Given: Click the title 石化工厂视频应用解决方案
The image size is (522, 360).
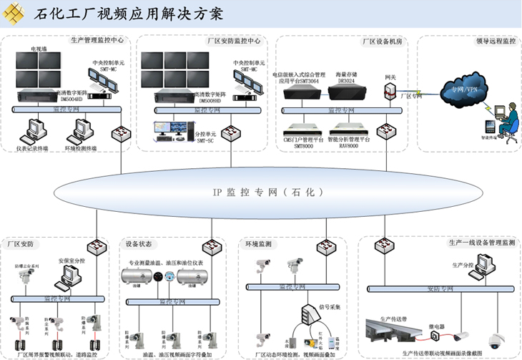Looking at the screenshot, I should (x=129, y=14).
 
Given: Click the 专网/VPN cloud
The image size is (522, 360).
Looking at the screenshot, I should (x=457, y=91).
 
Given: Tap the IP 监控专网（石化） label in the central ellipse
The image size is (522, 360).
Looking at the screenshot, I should (x=261, y=192).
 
